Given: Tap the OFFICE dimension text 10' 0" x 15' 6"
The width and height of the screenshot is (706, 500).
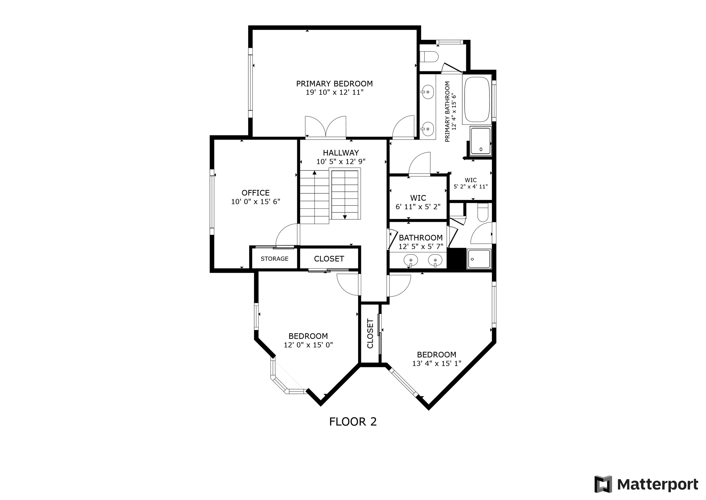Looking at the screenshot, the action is coord(256,202).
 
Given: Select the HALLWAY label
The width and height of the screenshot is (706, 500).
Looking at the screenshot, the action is coord(341,153).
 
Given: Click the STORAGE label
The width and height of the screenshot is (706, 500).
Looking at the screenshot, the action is coord(274,259).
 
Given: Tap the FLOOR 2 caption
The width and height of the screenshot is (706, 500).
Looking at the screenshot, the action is coord(353,422).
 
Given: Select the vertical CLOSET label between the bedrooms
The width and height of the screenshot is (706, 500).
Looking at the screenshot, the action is coord(370,333).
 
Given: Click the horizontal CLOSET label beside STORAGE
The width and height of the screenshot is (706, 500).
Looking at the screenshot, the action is coord(329,259).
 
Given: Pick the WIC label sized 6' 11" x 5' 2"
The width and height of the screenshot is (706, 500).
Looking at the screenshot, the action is coord(418,198).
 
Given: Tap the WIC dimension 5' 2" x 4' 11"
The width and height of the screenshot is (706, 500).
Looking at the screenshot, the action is coord(470,187).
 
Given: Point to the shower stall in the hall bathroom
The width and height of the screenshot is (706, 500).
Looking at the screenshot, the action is coord(479,259).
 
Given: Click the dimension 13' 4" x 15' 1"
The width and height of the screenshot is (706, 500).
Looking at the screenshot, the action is coord(437,363).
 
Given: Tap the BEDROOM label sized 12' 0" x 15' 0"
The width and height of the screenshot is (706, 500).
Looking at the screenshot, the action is coord(308,336).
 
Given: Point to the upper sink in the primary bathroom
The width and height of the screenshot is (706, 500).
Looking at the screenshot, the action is coord(427,92).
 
